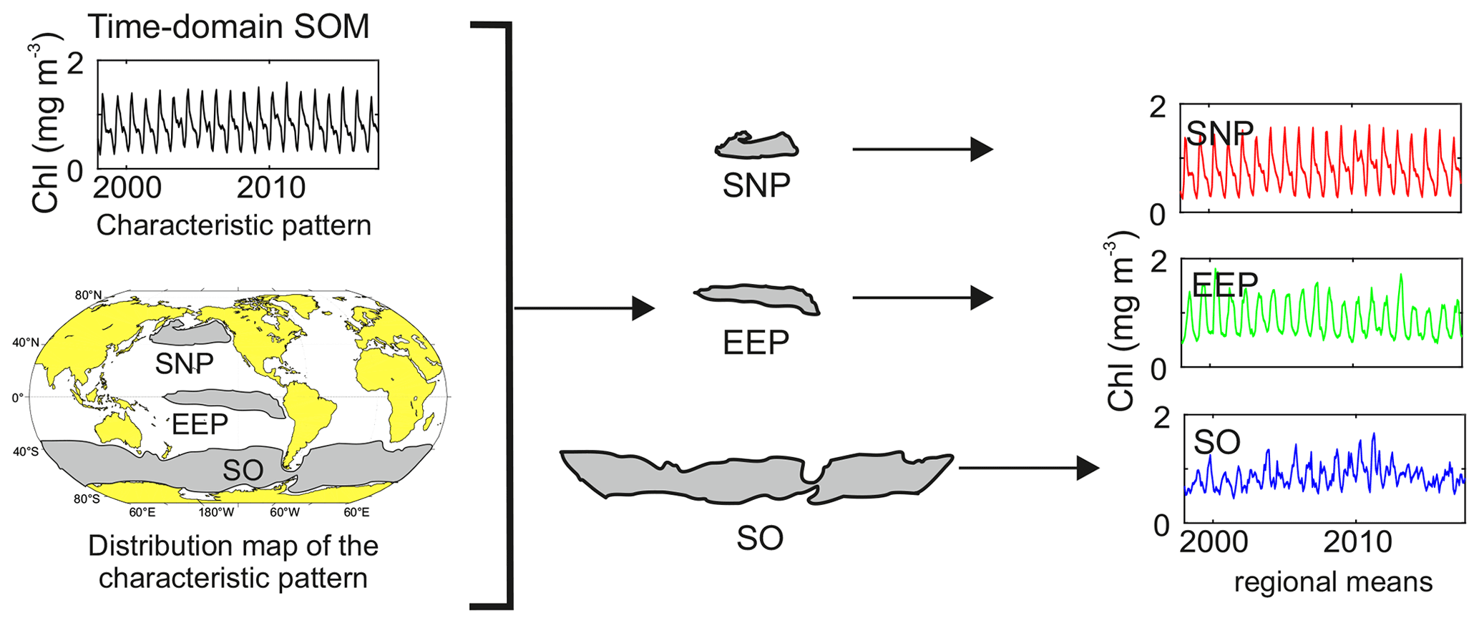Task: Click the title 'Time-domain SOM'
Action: point(228,27)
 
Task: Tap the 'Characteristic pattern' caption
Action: point(233,225)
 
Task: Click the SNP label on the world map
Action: point(185,364)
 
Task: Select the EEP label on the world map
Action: point(200,424)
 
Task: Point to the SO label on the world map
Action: point(243,470)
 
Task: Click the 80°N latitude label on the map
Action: point(88,295)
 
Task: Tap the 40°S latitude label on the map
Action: point(25,451)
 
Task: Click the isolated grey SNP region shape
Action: point(756,146)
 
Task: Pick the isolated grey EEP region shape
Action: point(757,297)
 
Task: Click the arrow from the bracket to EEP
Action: point(584,308)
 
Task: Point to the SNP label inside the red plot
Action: point(1219,132)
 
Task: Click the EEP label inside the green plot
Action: point(1224,284)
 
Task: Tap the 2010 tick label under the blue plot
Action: point(1357,542)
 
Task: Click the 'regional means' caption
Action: point(1333,582)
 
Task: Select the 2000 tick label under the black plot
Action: point(127,187)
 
